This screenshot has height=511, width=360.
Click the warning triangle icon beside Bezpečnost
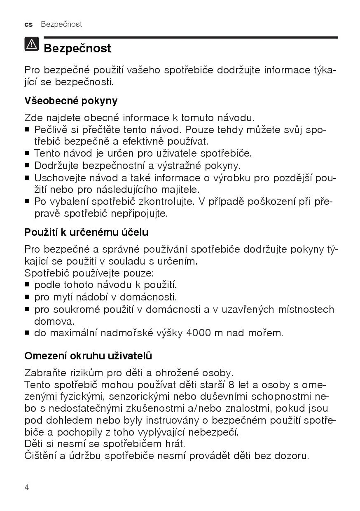(32, 45)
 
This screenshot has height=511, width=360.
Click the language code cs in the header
(28, 24)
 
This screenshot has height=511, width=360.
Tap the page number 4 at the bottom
(27, 488)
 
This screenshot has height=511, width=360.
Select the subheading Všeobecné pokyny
(71, 101)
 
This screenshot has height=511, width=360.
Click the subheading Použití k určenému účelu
(86, 232)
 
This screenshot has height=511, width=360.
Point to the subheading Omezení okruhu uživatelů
(88, 356)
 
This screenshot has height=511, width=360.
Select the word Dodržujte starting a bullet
(57, 166)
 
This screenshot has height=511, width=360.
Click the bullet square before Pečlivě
(27, 130)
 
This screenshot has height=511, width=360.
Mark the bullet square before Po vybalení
(27, 202)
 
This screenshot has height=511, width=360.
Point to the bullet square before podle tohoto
(27, 285)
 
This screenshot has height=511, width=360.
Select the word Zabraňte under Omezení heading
(44, 373)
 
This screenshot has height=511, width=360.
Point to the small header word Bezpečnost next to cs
(61, 24)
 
